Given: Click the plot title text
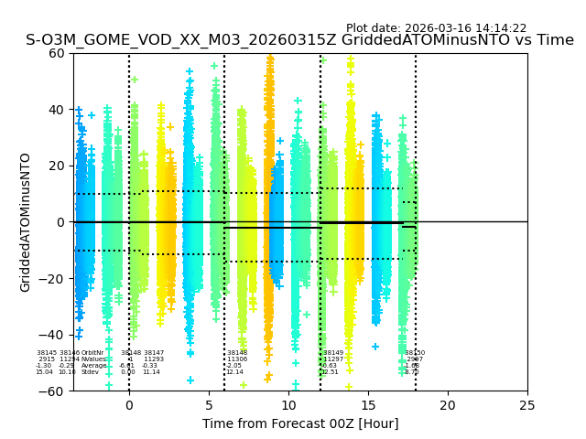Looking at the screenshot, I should [299, 40].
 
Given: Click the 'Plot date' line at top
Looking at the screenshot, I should [436, 28].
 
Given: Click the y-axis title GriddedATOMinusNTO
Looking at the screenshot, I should [26, 222].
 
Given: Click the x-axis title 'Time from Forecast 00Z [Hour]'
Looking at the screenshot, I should [300, 423].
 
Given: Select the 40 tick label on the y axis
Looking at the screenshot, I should [57, 110].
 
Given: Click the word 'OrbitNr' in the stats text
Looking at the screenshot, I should [92, 353].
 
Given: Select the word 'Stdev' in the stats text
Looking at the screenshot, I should [90, 372].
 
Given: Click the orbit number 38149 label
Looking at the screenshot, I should [333, 353].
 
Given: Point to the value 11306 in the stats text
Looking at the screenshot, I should [237, 359].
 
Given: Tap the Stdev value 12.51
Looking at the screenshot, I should [331, 372].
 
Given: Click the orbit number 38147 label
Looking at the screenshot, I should [154, 353].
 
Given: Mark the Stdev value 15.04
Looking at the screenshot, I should [44, 372].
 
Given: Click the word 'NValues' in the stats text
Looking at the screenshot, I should [93, 359].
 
